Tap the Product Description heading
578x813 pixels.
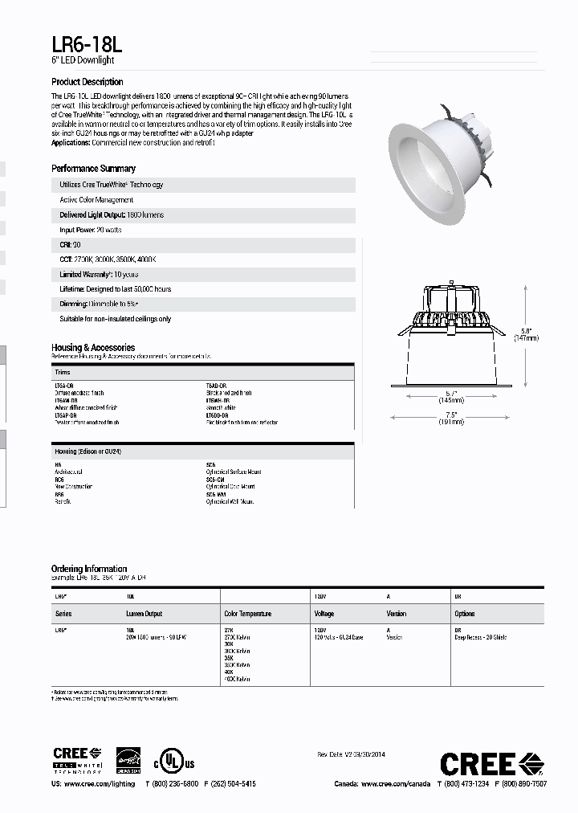[88, 82]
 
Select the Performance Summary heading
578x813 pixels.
[93, 169]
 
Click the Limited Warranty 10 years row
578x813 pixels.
[99, 274]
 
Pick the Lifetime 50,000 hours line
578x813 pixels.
[115, 289]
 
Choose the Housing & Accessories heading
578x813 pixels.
[92, 347]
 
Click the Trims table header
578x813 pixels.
[63, 373]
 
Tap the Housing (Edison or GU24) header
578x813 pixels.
[88, 452]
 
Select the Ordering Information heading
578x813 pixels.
[89, 569]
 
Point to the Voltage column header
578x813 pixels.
[324, 614]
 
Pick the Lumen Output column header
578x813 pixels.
[144, 614]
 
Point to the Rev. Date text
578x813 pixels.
[351, 754]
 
